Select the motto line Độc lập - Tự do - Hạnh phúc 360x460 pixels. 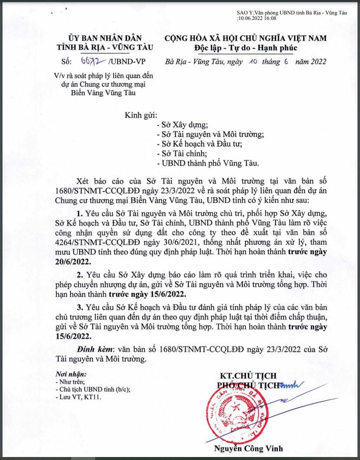pyautogui.click(x=245, y=48)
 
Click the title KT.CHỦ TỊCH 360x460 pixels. pyautogui.click(x=248, y=375)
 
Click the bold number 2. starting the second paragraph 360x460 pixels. pyautogui.click(x=79, y=275)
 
